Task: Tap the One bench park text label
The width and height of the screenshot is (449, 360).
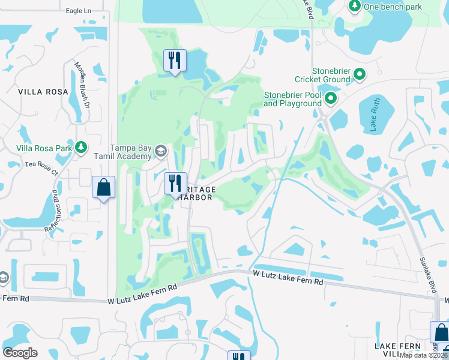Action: pyautogui.click(x=393, y=7)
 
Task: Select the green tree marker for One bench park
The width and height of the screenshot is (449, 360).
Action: pyautogui.click(x=354, y=6)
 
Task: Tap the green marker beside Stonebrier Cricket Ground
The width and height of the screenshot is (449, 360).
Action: pyautogui.click(x=360, y=74)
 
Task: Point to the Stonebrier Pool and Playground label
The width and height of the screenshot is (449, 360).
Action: pyautogui.click(x=293, y=99)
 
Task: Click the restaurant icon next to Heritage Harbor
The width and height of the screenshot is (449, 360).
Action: pyautogui.click(x=175, y=183)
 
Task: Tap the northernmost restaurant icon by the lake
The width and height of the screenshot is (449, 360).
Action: pyautogui.click(x=175, y=60)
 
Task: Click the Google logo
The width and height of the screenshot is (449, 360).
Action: pyautogui.click(x=20, y=353)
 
